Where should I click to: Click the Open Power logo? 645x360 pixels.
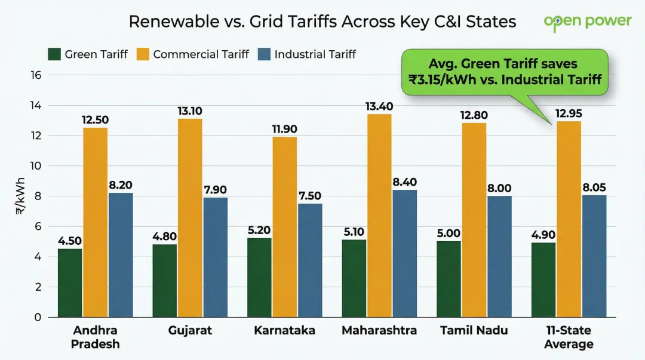point(587,21)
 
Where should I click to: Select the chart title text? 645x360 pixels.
point(322,22)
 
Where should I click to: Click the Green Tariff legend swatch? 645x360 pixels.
point(54,54)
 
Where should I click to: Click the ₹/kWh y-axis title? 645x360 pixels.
point(21,196)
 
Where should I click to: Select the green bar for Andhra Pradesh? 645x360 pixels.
point(70,282)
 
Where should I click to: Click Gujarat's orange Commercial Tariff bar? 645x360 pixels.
point(190,218)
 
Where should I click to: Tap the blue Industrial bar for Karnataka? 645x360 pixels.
point(309,260)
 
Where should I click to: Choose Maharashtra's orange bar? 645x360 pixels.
point(379,216)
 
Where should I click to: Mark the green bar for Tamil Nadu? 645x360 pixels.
point(449,279)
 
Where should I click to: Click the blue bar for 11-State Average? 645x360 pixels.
point(594,256)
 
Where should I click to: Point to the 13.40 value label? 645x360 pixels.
point(379,106)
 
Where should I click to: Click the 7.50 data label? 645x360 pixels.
point(309,196)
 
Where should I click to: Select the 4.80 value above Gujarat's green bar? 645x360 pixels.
point(165,236)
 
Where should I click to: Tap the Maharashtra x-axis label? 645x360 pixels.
point(379,331)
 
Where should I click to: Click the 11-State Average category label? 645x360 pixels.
point(569,337)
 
